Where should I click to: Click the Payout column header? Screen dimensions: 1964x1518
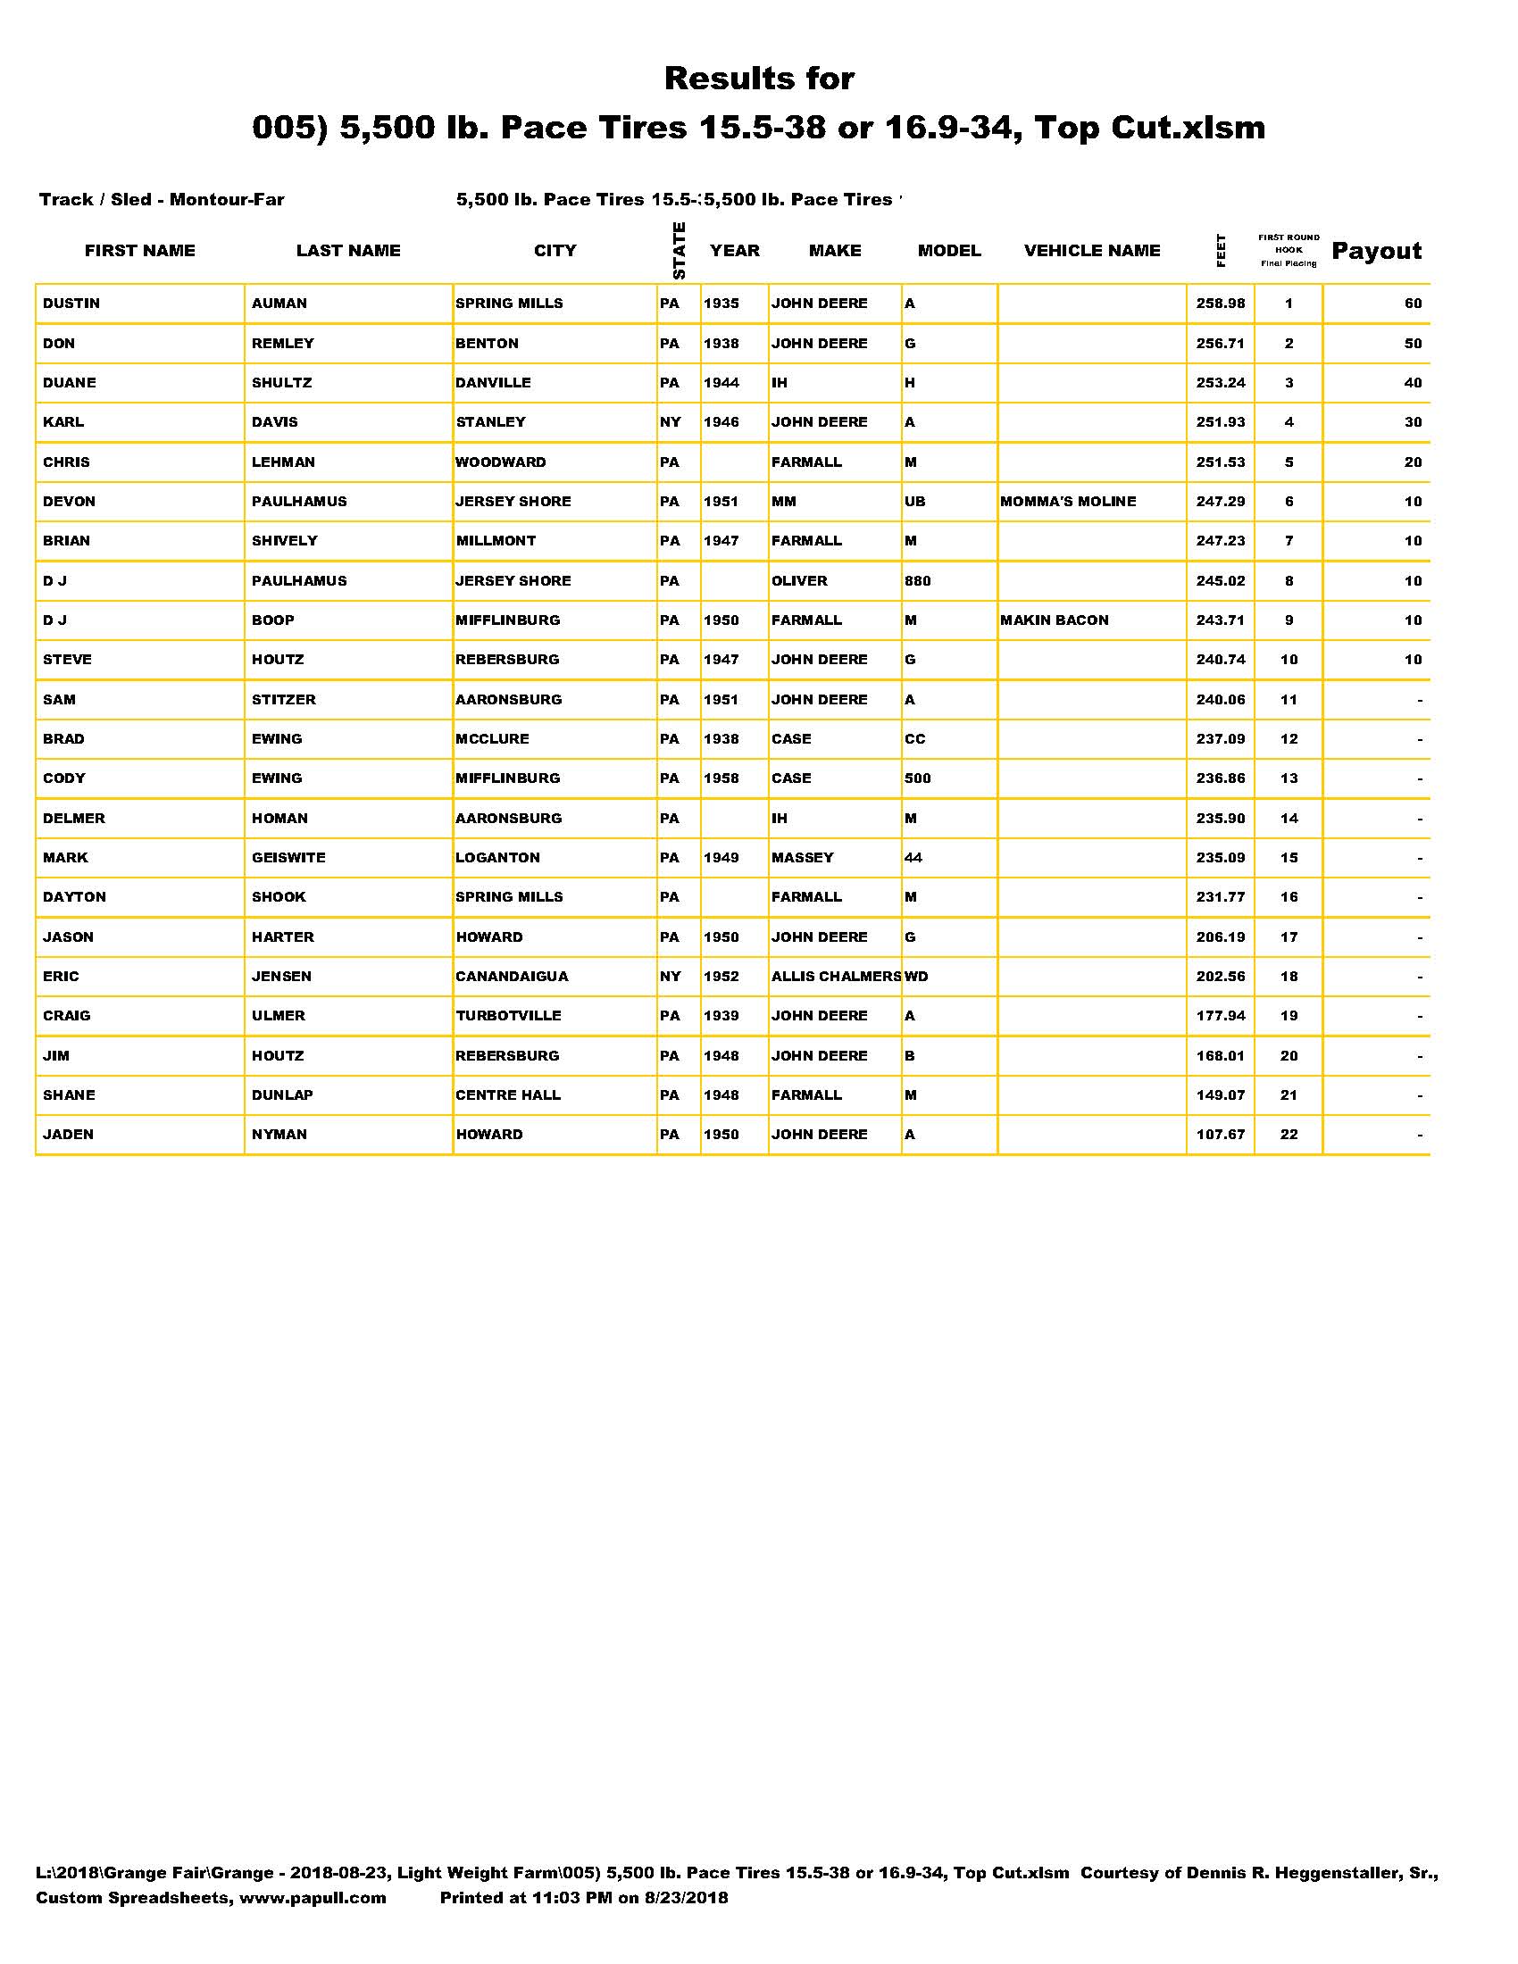point(1376,251)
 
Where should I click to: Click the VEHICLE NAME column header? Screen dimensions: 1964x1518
point(1092,251)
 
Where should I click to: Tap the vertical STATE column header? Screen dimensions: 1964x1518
point(679,250)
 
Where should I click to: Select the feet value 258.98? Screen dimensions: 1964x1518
point(1221,304)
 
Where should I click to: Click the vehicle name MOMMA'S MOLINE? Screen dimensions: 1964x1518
point(1067,502)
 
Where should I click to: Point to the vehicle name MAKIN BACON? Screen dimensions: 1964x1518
point(1054,620)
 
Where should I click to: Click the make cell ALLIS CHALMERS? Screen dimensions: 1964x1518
point(836,977)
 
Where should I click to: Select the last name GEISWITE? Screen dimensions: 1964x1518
point(288,858)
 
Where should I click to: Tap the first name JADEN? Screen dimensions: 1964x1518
point(69,1135)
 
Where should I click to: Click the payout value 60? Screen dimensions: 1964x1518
point(1413,304)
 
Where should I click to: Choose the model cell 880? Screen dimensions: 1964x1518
point(917,581)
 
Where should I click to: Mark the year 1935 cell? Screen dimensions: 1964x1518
point(721,304)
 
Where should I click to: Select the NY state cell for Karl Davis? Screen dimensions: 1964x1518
point(670,422)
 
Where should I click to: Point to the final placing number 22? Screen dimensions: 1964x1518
point(1289,1135)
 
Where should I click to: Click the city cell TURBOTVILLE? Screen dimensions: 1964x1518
point(508,1016)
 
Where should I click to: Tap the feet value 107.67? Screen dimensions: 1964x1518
point(1221,1135)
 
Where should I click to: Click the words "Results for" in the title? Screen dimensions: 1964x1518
point(759,79)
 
